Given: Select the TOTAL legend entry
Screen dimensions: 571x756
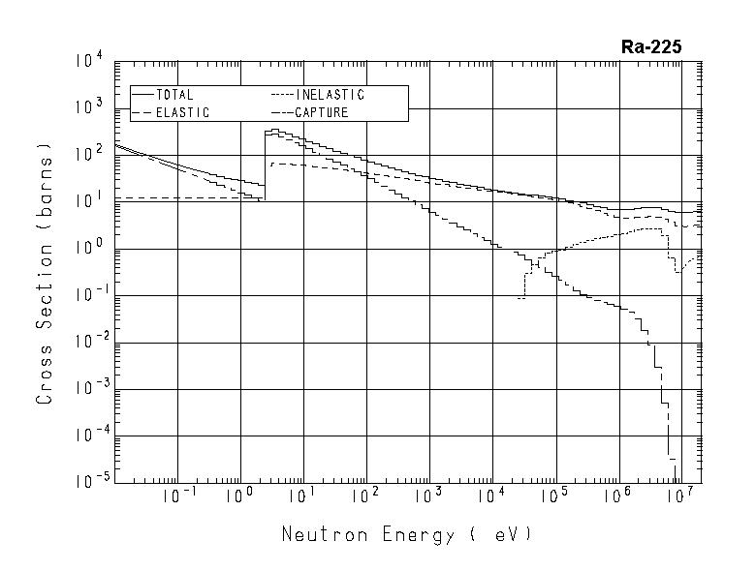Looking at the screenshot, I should click(x=175, y=95).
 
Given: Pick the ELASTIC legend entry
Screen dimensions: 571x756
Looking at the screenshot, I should click(x=181, y=112).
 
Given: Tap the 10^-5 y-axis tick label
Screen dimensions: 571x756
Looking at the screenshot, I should click(x=87, y=481).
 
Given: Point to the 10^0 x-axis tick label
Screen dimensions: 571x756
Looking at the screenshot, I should click(x=237, y=497).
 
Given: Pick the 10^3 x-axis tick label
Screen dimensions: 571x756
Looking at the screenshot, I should click(x=426, y=497).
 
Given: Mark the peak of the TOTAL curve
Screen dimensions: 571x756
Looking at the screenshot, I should click(x=274, y=130).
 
